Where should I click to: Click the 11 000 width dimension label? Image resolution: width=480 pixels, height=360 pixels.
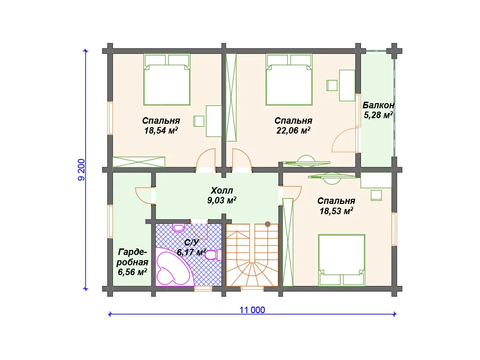(x=252, y=310)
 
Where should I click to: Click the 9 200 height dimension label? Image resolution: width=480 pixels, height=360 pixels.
(x=82, y=170)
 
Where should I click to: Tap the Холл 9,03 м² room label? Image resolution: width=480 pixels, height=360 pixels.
(x=222, y=195)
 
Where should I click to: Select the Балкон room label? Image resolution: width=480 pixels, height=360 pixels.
(x=378, y=105)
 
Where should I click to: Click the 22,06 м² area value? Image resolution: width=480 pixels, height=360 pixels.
(x=293, y=130)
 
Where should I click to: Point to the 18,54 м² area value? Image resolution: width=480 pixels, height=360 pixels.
(x=161, y=130)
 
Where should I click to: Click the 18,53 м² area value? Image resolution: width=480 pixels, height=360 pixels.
(x=336, y=211)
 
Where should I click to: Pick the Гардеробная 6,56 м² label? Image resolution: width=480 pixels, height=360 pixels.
(x=133, y=262)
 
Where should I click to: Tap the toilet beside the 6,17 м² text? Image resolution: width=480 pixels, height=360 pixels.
(x=214, y=255)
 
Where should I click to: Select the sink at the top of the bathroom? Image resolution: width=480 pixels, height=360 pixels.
(x=178, y=228)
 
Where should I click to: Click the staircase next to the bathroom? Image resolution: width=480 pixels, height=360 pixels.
(x=252, y=255)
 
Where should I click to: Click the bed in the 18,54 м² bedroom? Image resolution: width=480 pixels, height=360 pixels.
(x=167, y=80)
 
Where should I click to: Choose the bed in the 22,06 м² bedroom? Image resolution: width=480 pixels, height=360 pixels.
(x=289, y=80)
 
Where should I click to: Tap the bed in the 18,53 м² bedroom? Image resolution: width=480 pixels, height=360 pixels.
(x=342, y=260)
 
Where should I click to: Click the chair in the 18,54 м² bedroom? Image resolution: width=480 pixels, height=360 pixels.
(x=199, y=121)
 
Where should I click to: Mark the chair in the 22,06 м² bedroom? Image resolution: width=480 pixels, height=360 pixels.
(x=332, y=85)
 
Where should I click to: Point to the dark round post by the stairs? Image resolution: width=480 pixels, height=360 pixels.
(x=268, y=224)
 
